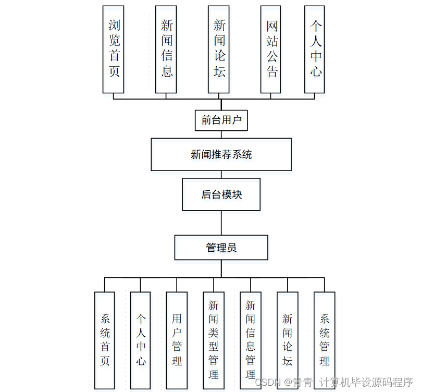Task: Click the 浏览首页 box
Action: (114, 50)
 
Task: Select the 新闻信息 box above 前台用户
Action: (166, 50)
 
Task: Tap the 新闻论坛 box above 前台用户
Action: (219, 50)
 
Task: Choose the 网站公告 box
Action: (271, 50)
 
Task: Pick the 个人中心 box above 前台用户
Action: (315, 50)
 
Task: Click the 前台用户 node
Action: (221, 120)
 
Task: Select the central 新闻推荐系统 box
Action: (221, 154)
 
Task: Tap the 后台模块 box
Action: (221, 194)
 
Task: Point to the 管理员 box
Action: (221, 248)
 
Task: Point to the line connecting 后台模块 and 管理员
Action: (221, 223)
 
